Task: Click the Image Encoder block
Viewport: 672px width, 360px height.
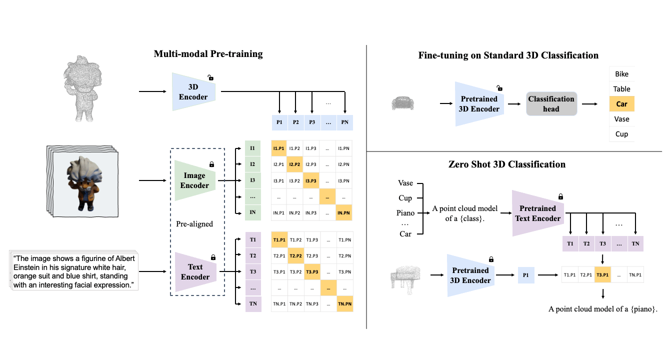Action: pyautogui.click(x=194, y=180)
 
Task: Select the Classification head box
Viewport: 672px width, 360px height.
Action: pyautogui.click(x=551, y=104)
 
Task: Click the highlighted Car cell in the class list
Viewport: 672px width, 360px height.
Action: pyautogui.click(x=621, y=104)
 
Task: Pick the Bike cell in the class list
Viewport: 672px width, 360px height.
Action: pyautogui.click(x=621, y=74)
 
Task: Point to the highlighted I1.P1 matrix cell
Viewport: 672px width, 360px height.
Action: pyautogui.click(x=279, y=148)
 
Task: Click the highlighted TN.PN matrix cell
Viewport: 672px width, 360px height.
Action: pyautogui.click(x=344, y=304)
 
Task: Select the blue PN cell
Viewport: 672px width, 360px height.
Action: pyautogui.click(x=344, y=122)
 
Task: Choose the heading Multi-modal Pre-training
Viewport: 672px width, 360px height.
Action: pyautogui.click(x=208, y=54)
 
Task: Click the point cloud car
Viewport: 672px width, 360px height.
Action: pyautogui.click(x=402, y=103)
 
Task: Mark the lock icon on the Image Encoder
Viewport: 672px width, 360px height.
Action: pyautogui.click(x=211, y=164)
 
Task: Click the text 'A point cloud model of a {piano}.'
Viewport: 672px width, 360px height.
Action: pyautogui.click(x=602, y=309)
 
